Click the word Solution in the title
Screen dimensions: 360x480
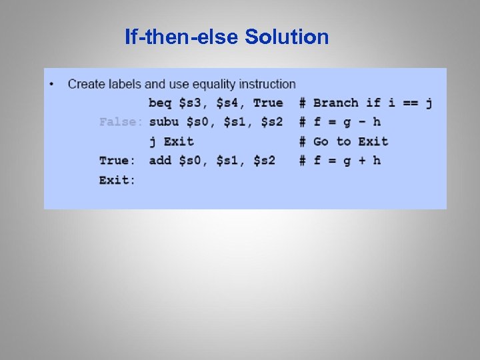pyautogui.click(x=287, y=37)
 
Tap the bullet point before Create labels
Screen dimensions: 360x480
pyautogui.click(x=52, y=84)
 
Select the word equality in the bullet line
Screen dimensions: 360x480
pyautogui.click(x=215, y=84)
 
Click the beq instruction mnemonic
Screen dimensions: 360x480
pyautogui.click(x=160, y=103)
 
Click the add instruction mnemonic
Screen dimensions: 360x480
pyautogui.click(x=160, y=161)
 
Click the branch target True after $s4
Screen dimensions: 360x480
pyautogui.click(x=268, y=103)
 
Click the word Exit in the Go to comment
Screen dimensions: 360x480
pyautogui.click(x=373, y=141)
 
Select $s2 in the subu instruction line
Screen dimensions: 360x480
pyautogui.click(x=268, y=122)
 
